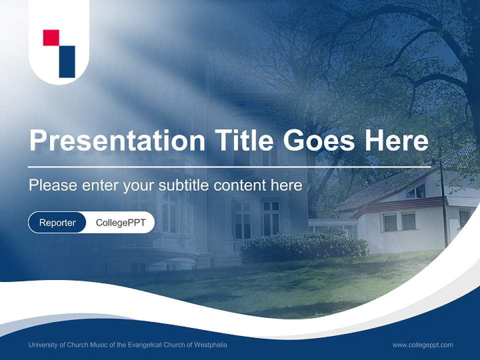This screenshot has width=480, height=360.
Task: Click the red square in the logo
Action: tap(51, 38)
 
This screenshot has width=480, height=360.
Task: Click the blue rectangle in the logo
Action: tap(67, 61)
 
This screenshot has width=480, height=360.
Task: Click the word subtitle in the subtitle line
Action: tap(184, 185)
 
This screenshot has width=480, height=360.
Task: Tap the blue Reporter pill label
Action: tap(57, 222)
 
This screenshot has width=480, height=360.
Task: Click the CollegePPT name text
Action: tap(120, 222)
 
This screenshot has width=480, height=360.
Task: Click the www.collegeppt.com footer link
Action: tap(422, 344)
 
